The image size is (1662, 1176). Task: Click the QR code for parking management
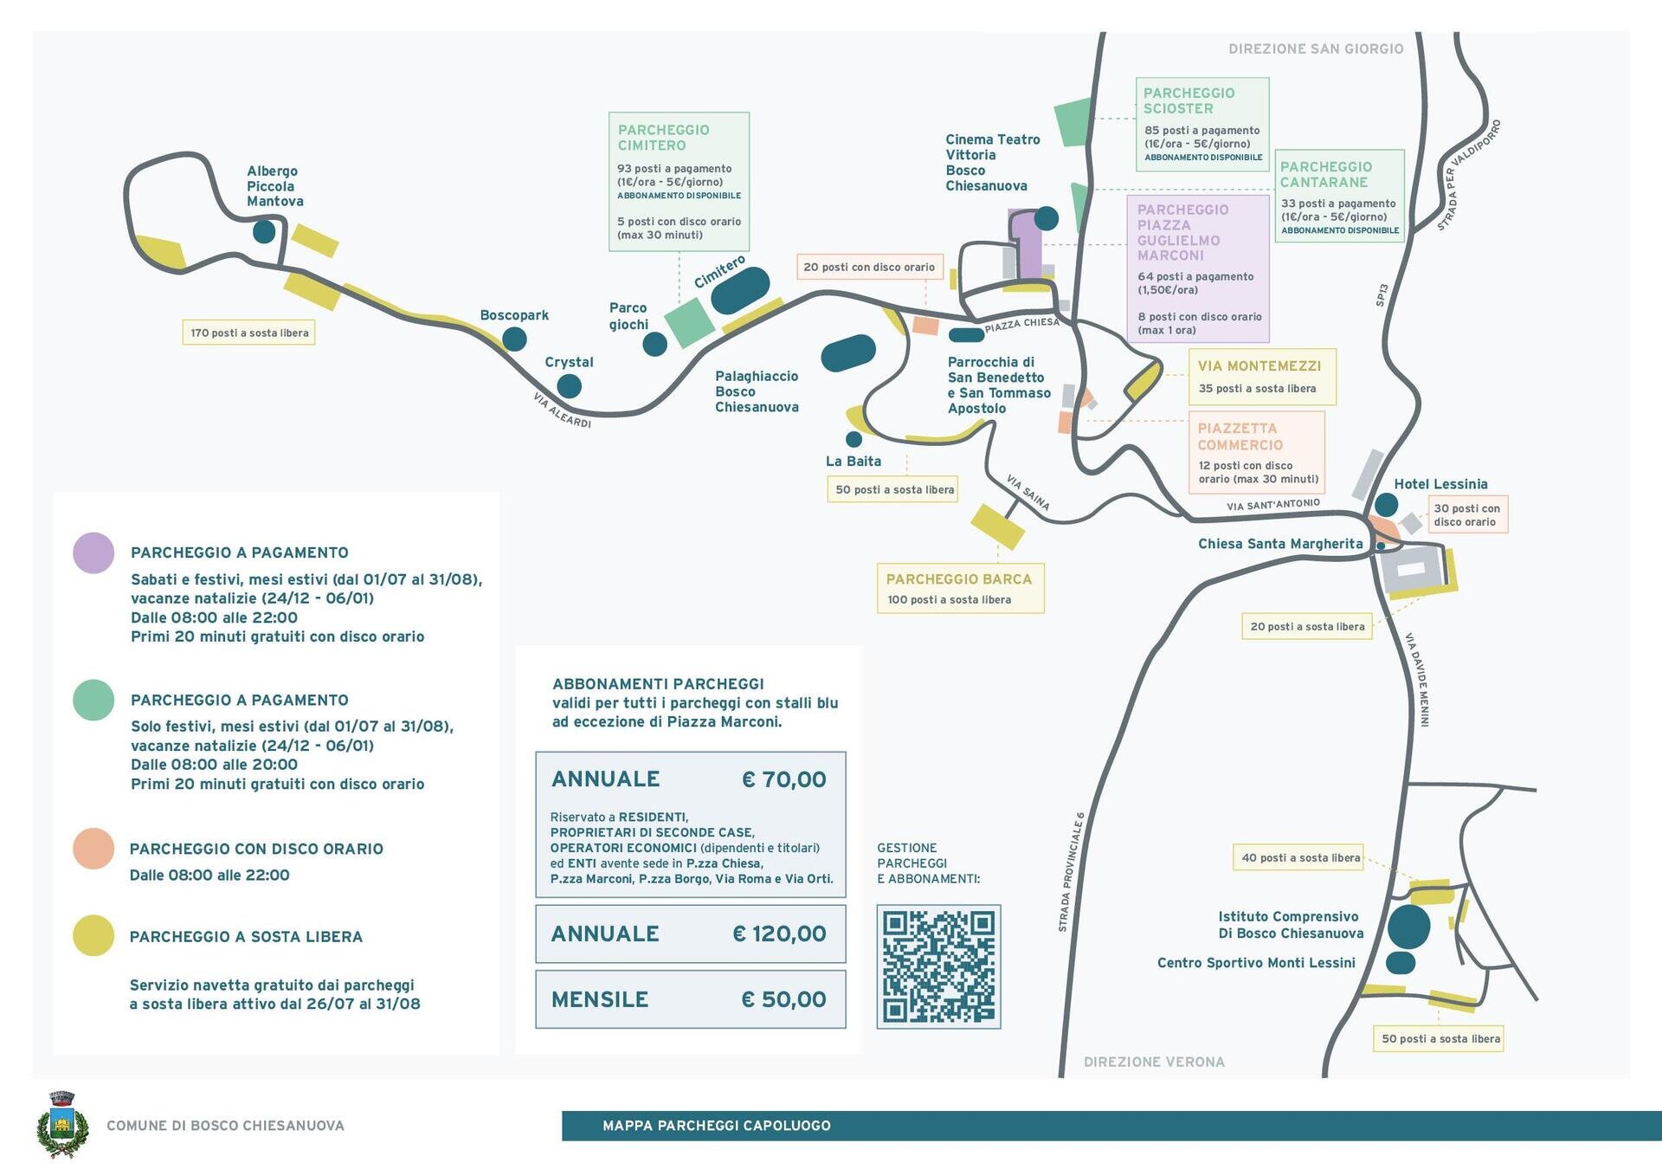coord(938,966)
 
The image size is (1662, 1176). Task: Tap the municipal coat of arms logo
coord(62,1124)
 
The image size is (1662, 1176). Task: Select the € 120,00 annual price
coord(779,934)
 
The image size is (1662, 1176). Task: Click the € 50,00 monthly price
coord(783,999)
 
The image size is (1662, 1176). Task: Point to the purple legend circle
coord(93,552)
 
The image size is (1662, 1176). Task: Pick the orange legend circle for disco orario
coord(93,849)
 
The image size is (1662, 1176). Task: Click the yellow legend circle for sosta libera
coord(93,935)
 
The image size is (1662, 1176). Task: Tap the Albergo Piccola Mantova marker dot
coord(264,231)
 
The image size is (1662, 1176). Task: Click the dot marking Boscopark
coord(514,339)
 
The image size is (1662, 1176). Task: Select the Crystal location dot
coord(569,385)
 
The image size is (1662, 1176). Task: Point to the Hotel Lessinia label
coord(1440,484)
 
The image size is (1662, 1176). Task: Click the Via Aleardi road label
coord(562,410)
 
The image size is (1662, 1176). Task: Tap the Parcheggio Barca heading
coord(959,579)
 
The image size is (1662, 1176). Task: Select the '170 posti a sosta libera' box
coord(248,333)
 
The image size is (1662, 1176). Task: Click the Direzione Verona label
coord(1154,1062)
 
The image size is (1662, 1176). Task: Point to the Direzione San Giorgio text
coord(1316,48)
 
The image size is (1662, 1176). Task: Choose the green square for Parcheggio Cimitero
coord(690,322)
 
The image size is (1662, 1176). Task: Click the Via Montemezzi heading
coord(1259,366)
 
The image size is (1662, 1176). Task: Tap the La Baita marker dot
coord(854,439)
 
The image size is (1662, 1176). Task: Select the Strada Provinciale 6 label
coord(1071,872)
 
